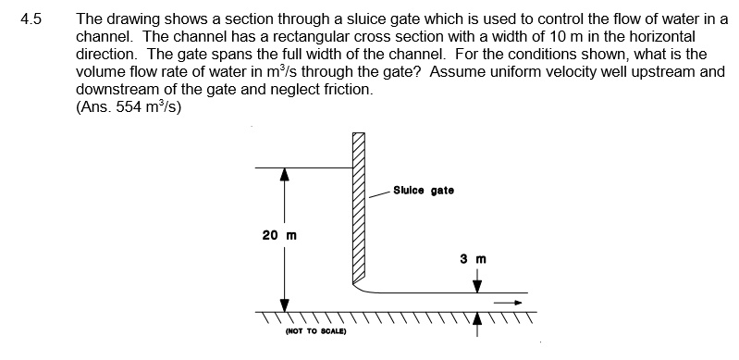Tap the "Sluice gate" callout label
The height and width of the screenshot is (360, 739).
click(x=424, y=191)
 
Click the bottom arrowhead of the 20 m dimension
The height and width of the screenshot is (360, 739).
click(x=285, y=304)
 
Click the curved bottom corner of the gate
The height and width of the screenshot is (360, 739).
click(x=363, y=288)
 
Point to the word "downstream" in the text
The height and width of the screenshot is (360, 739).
click(x=115, y=90)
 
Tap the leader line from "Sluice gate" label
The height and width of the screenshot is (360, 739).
click(x=377, y=194)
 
